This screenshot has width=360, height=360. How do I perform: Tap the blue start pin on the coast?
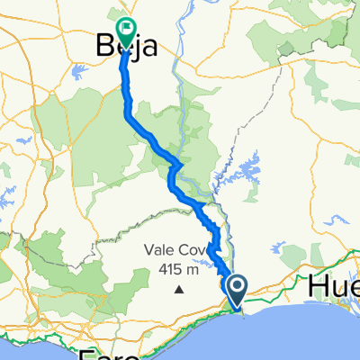237,290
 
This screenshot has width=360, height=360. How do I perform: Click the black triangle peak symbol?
179,290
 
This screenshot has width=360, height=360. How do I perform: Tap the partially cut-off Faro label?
109,353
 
